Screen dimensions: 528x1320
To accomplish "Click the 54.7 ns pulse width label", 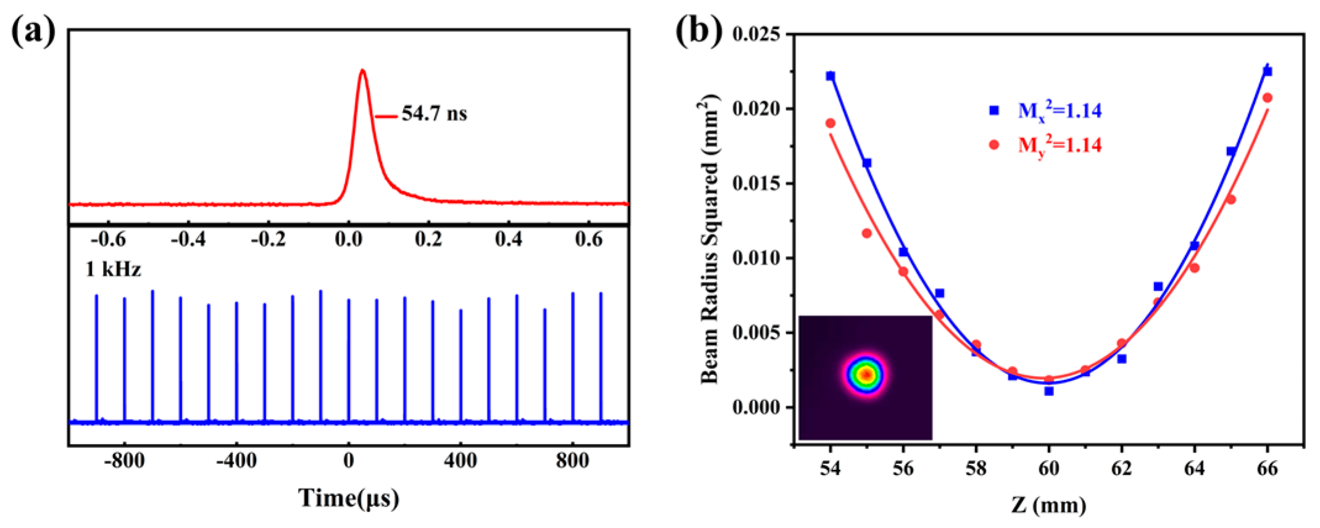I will click(434, 114).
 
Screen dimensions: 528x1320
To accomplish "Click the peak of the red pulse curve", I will click(362, 71).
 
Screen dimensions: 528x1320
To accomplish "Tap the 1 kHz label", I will click(114, 270).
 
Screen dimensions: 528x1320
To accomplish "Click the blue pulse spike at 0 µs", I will click(349, 358).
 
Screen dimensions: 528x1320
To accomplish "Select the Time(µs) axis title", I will click(349, 498).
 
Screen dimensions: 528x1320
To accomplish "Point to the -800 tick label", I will click(124, 461).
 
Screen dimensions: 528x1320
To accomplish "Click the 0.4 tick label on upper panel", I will click(508, 239).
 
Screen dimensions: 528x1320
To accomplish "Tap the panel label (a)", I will click(33, 31).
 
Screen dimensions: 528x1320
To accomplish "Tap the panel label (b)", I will click(698, 31).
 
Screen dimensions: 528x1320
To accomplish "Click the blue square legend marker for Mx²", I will click(994, 110).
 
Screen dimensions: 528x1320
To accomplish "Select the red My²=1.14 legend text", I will click(1059, 146).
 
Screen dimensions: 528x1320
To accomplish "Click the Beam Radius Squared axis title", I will click(710, 239).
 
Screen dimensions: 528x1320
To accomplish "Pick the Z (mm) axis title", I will click(1048, 506).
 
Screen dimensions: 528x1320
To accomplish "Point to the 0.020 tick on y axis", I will click(756, 109).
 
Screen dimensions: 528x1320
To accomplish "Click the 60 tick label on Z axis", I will click(1048, 469).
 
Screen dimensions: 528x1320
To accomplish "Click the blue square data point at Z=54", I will click(831, 76).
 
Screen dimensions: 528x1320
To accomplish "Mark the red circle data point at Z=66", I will click(1267, 98).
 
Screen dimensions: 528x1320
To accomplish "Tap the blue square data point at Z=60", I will click(1049, 391).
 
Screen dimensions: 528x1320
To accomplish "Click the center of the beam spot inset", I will click(866, 374).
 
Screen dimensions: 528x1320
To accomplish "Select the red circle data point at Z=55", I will click(866, 233).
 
